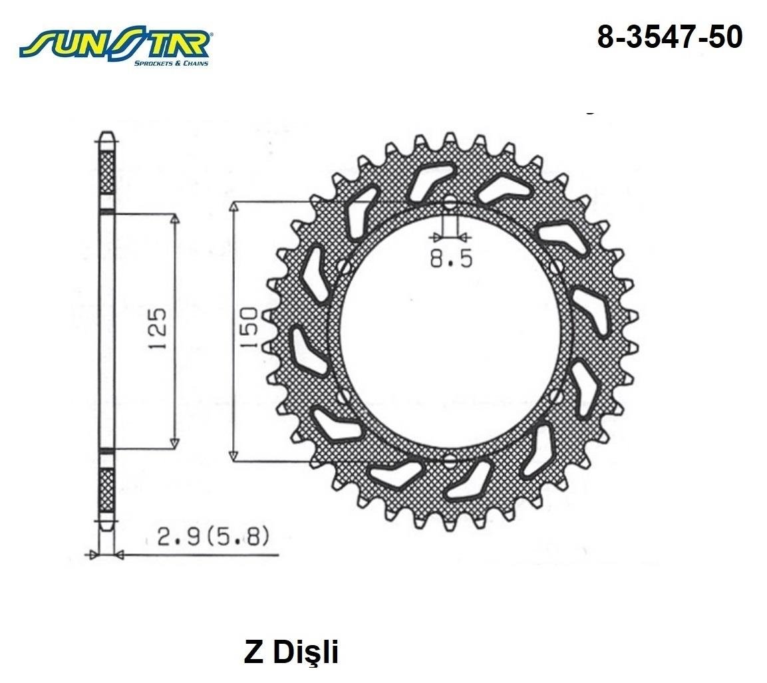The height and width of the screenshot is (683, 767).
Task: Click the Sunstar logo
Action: click(x=115, y=47)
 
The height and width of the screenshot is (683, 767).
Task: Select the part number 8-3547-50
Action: click(x=670, y=37)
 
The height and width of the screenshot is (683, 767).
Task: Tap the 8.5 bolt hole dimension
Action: click(x=451, y=259)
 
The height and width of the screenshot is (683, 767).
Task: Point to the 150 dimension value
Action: click(x=250, y=327)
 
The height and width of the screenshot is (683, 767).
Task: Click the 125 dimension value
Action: click(x=158, y=329)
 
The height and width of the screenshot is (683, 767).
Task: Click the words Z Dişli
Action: click(x=291, y=652)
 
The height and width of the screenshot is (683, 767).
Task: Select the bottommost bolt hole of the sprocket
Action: click(x=450, y=459)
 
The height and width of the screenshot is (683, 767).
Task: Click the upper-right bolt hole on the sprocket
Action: click(x=557, y=267)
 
